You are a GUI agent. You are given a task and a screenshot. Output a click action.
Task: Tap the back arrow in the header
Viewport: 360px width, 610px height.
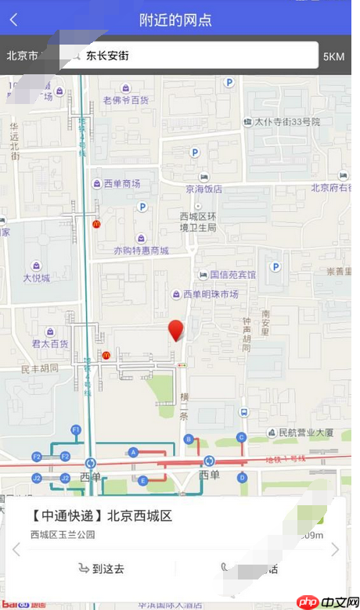13,20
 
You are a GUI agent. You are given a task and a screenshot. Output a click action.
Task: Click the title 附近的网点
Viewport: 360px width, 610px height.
175,20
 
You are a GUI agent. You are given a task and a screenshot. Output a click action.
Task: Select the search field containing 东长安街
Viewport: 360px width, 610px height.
188,56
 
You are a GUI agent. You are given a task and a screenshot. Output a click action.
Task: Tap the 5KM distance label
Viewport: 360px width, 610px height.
333,56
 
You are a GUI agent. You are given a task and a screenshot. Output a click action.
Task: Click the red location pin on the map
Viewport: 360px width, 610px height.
177,330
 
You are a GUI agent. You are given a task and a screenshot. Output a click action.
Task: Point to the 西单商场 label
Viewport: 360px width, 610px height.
121,184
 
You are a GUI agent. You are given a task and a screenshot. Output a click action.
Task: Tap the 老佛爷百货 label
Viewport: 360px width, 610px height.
125,100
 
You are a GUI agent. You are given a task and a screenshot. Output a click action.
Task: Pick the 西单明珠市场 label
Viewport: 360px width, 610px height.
210,294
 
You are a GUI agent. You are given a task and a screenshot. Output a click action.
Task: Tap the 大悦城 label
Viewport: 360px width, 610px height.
36,278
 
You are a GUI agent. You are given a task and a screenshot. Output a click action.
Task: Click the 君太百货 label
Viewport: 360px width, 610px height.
49,343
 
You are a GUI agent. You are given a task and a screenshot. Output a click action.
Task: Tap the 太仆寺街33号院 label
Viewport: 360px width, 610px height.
287,122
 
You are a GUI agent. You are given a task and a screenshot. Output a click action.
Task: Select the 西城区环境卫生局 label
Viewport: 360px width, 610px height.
196,221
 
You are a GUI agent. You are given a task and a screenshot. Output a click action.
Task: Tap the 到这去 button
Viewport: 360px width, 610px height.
102,569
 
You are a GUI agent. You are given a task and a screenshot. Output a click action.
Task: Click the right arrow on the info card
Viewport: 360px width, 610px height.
336,550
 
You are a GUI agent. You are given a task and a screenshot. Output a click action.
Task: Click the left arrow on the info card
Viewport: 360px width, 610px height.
16,550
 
